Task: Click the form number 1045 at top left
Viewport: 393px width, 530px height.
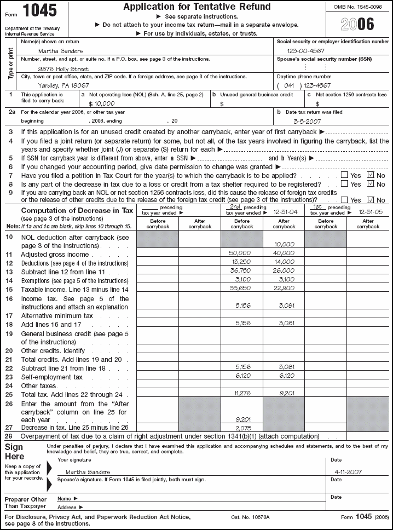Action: coord(40,11)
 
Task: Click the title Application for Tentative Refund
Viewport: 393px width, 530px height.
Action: coord(196,7)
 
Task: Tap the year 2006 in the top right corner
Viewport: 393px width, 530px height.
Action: coord(359,24)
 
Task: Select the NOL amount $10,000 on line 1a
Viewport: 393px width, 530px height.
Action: coord(102,103)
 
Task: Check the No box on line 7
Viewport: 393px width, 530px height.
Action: coord(372,175)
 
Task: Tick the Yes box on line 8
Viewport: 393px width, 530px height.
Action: coord(344,184)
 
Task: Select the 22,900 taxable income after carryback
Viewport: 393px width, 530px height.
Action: coord(284,288)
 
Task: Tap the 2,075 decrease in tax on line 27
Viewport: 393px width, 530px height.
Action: coord(242,427)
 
